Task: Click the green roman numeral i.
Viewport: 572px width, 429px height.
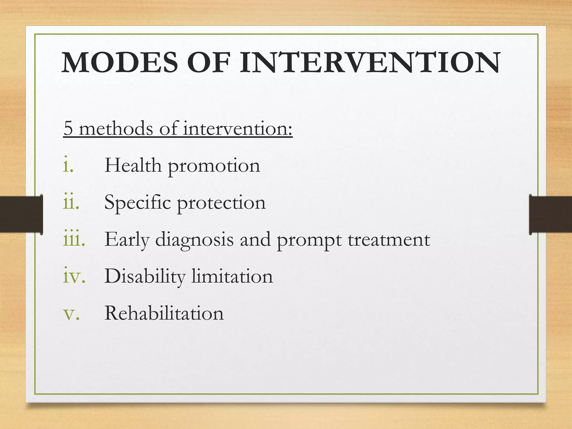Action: (68, 165)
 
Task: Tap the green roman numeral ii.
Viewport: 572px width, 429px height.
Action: (71, 202)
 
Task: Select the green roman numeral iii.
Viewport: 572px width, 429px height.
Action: (74, 239)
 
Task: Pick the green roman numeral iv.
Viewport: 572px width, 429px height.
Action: (74, 276)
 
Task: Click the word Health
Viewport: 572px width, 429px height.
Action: (133, 165)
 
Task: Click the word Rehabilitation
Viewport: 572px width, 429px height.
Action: (164, 313)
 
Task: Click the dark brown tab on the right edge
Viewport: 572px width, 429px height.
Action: (550, 214)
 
